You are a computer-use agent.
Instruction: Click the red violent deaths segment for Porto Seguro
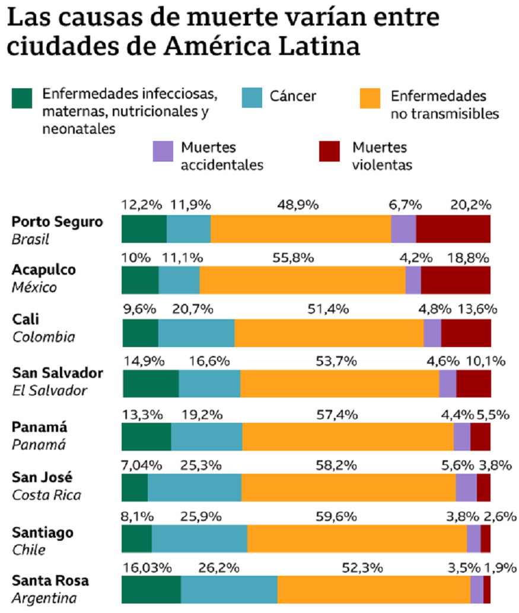(453, 229)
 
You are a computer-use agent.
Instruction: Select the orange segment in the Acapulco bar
(303, 280)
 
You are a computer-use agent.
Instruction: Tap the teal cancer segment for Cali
(196, 332)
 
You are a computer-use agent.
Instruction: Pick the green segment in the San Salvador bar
(151, 384)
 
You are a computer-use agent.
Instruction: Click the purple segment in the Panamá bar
(462, 437)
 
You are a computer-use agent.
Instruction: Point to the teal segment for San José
(195, 487)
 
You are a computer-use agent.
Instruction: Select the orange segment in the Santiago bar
(357, 538)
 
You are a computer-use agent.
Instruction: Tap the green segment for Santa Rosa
(151, 590)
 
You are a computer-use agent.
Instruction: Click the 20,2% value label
(470, 205)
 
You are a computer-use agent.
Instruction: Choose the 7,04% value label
(142, 464)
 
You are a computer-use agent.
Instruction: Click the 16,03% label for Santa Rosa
(147, 567)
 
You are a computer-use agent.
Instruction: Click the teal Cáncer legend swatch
(253, 98)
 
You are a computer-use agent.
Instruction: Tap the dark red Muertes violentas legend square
(329, 151)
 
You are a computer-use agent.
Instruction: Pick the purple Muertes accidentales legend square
(163, 151)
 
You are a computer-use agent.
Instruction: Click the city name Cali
(26, 319)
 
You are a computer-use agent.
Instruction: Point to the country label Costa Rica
(47, 495)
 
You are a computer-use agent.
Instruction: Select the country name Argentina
(44, 598)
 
